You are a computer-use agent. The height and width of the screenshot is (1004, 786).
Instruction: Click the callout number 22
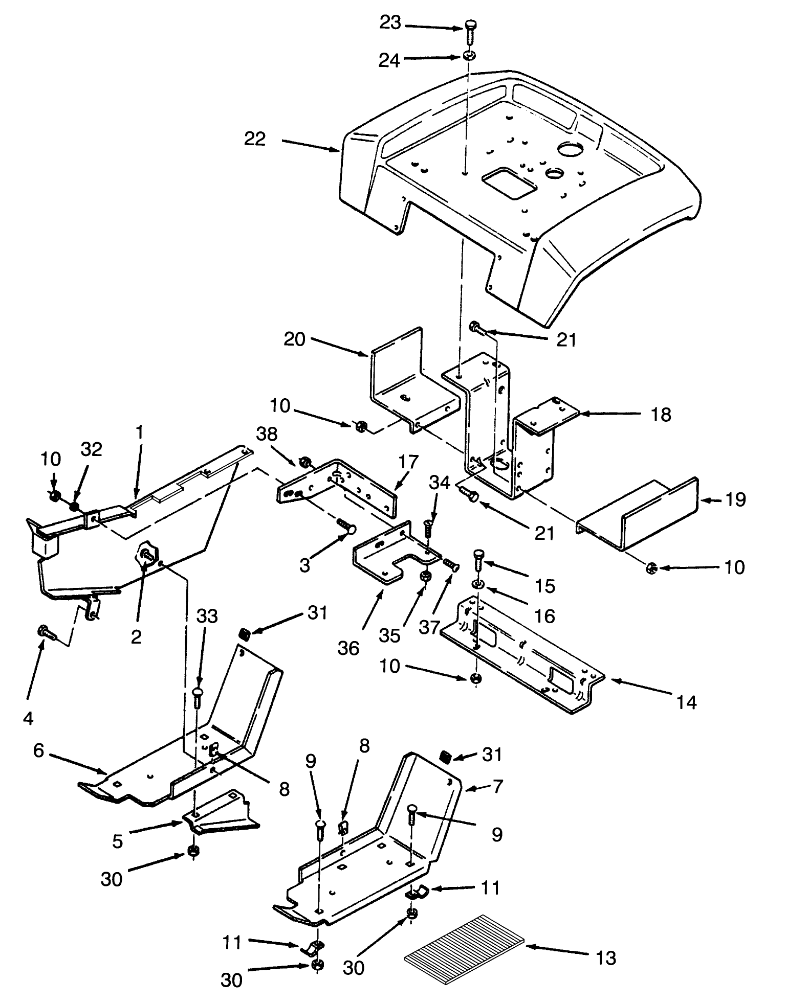[x=254, y=139]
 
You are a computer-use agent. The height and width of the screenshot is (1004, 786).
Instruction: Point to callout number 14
[x=686, y=702]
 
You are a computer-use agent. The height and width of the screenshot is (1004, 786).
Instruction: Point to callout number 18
[x=662, y=415]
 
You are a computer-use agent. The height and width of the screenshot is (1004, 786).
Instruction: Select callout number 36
[x=349, y=648]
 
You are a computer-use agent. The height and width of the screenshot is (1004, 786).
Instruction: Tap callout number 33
[x=207, y=616]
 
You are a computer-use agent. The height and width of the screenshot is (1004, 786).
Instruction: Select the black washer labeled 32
[x=75, y=506]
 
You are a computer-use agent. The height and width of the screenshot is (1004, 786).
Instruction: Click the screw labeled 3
[x=346, y=526]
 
